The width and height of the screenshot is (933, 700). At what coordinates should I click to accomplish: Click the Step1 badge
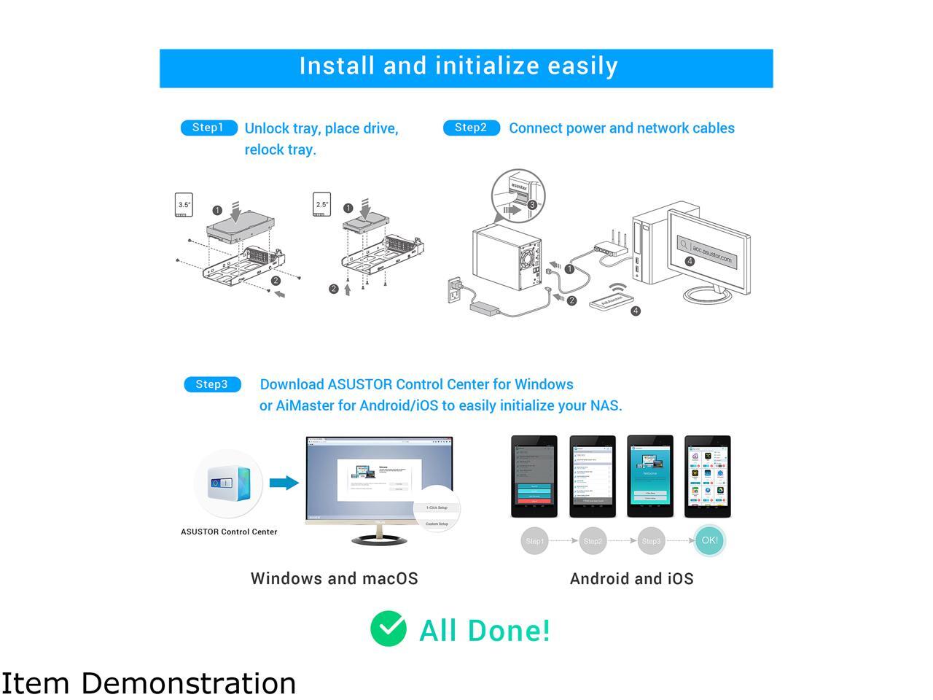tap(208, 128)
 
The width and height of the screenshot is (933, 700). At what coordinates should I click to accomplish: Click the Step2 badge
tap(471, 128)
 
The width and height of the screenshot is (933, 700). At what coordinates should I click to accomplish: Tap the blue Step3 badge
tap(212, 384)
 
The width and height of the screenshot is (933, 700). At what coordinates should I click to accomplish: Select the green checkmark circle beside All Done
tap(389, 629)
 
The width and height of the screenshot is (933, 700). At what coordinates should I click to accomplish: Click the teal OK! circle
tap(709, 540)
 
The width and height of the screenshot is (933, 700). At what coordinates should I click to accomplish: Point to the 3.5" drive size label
tap(184, 205)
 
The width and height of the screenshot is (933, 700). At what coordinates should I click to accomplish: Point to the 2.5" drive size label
tap(321, 204)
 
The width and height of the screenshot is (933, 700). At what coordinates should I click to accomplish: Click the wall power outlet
tap(456, 292)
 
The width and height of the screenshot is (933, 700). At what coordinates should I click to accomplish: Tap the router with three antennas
tap(611, 246)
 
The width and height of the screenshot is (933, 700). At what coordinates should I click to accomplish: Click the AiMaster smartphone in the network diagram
tap(611, 301)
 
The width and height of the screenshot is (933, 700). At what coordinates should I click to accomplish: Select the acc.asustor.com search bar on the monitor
tap(706, 252)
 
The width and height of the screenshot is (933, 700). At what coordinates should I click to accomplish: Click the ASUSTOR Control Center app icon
tap(229, 483)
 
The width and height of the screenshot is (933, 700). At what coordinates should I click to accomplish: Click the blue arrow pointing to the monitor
tap(284, 483)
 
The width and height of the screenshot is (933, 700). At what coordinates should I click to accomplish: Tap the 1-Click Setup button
tap(437, 507)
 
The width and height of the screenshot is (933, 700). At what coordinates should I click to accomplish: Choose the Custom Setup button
tap(437, 524)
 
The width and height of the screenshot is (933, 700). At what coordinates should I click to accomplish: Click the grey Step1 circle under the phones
tap(534, 541)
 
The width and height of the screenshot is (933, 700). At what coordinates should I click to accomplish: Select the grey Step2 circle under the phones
tap(593, 541)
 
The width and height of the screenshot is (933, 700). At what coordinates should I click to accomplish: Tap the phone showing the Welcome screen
tap(649, 476)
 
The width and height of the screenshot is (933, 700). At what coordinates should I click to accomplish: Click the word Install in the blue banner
tap(337, 66)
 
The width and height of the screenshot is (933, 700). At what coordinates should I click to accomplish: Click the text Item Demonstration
tap(149, 683)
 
